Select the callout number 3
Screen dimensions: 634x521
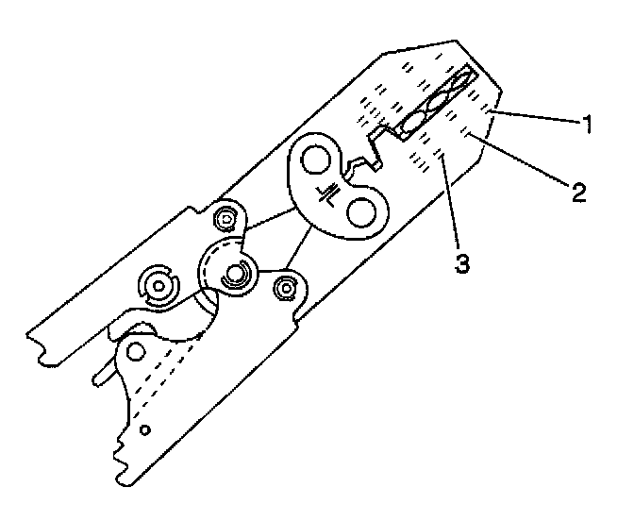[461, 262]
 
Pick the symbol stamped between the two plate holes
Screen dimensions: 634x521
[331, 191]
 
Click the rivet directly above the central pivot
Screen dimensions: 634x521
[226, 220]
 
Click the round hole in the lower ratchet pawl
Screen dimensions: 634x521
[138, 351]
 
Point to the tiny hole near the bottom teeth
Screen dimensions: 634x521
[144, 429]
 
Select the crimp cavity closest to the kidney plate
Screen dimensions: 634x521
[413, 123]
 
